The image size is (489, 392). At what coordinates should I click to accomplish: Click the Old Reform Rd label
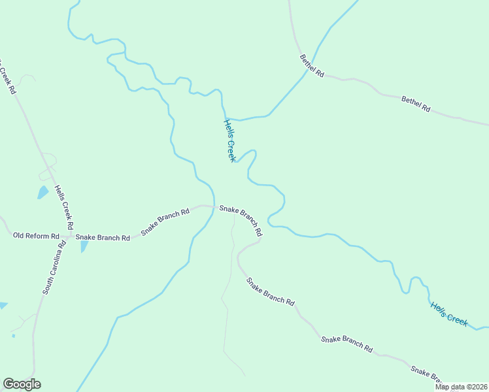(x=36, y=235)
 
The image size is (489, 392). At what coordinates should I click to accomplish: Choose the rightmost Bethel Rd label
(x=416, y=103)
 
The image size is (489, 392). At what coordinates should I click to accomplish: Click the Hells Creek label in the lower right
(x=449, y=314)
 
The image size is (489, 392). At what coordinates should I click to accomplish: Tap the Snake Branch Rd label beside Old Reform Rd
(x=103, y=237)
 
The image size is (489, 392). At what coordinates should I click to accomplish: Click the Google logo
(x=22, y=384)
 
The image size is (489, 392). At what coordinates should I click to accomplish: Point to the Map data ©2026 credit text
(x=461, y=387)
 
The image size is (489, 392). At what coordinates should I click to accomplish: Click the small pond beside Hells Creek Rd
(x=42, y=192)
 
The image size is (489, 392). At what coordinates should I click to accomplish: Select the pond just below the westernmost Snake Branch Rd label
(x=84, y=246)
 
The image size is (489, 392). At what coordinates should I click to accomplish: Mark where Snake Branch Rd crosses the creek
(x=213, y=206)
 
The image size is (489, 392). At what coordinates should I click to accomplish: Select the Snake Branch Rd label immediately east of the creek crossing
(x=241, y=221)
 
